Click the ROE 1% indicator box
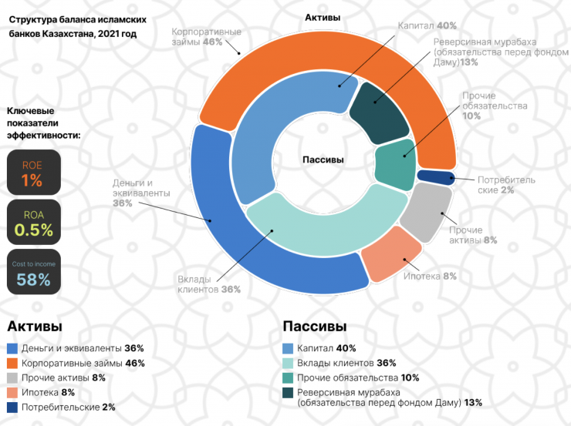pyautogui.click(x=33, y=173)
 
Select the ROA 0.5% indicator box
pyautogui.click(x=33, y=223)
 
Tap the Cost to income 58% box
pyautogui.click(x=33, y=273)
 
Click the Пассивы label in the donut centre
pyautogui.click(x=323, y=159)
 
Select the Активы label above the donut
pyautogui.click(x=322, y=17)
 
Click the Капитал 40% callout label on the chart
pyautogui.click(x=427, y=25)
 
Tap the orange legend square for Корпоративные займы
pyautogui.click(x=12, y=363)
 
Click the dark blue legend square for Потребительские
pyautogui.click(x=12, y=407)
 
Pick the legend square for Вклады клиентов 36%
pyautogui.click(x=289, y=363)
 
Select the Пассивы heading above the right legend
pyautogui.click(x=314, y=326)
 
